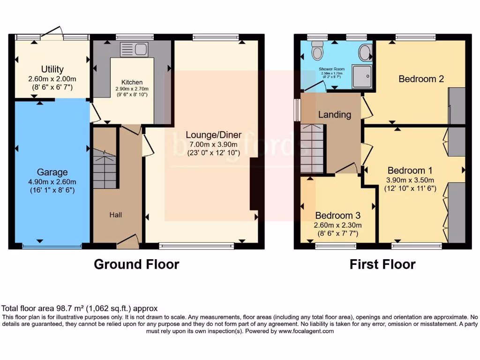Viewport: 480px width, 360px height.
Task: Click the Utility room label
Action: (52, 69)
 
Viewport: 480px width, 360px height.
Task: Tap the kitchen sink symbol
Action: (134, 49)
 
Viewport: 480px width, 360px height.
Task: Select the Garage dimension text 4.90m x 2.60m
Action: (52, 182)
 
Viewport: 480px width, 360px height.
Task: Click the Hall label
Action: (116, 215)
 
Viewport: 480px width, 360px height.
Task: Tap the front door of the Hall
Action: (127, 241)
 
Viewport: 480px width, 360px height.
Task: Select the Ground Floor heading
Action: (136, 264)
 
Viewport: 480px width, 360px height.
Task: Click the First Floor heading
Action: (382, 264)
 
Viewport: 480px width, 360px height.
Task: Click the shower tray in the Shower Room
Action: (362, 76)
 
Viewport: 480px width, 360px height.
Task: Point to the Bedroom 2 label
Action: (421, 79)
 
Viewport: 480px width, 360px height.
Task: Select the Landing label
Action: (335, 114)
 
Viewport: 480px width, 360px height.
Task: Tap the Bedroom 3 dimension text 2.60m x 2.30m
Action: (337, 225)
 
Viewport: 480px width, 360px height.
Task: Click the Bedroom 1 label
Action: (410, 170)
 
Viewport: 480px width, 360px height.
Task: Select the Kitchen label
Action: (132, 82)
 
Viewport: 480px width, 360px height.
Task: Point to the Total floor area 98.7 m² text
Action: (80, 308)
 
